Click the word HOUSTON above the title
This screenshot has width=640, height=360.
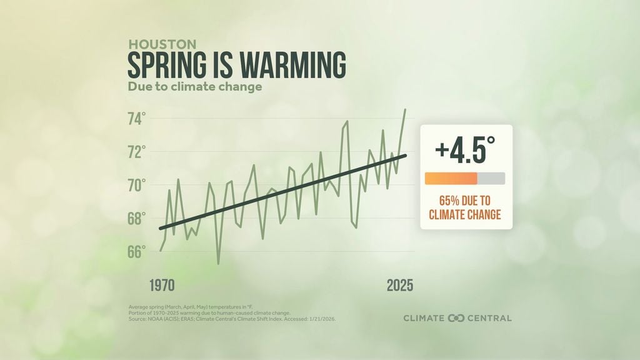pos(162,44)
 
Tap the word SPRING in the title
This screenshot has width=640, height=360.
pos(164,65)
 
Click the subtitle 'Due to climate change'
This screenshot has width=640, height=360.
pos(194,87)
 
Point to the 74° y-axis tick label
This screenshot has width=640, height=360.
pos(137,119)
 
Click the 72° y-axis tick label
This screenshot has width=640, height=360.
pos(137,152)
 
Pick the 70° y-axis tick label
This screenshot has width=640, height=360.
pos(137,185)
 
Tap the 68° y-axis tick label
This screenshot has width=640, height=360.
pos(137,218)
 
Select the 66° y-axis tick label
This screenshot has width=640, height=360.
pos(137,251)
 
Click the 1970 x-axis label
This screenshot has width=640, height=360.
pos(162,286)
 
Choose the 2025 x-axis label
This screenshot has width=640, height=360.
pos(400,286)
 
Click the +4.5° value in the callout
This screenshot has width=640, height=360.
pos(465,151)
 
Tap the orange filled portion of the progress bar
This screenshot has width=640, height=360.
pos(451,179)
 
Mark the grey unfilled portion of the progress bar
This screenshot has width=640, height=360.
pos(491,179)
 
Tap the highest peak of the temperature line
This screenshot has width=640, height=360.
pos(405,110)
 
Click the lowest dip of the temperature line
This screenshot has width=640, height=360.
pos(218,263)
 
